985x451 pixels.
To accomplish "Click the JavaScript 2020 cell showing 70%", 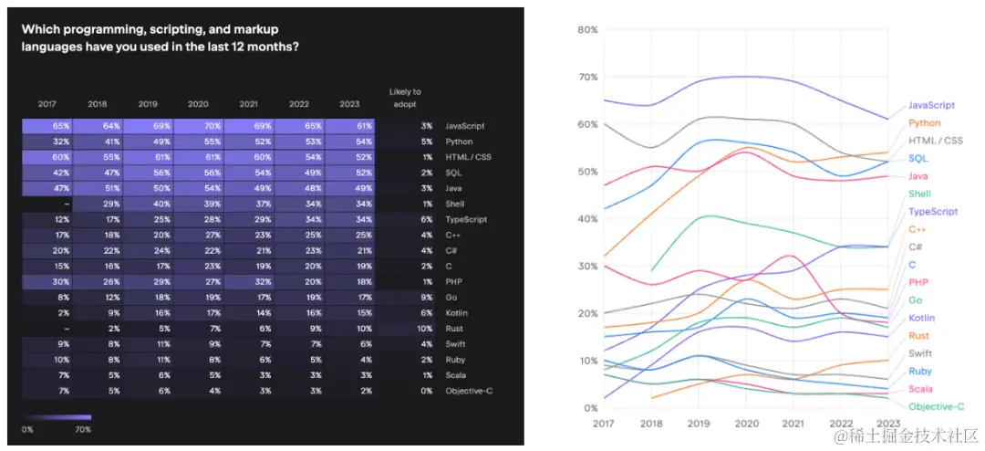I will coord(198,126).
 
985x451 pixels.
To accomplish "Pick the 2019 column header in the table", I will coord(148,103).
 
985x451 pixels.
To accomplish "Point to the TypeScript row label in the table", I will coord(465,219).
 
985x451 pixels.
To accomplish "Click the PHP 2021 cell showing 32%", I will coord(248,281).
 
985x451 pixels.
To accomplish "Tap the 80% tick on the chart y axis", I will coord(586,30).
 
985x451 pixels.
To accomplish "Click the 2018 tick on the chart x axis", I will coord(652,423).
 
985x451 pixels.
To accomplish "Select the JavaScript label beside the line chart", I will coord(931,105).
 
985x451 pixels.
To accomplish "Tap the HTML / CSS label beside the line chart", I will coord(935,141).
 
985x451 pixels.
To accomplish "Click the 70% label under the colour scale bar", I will coord(82,428).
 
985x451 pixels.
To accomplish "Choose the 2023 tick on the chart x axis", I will coord(887,423).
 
